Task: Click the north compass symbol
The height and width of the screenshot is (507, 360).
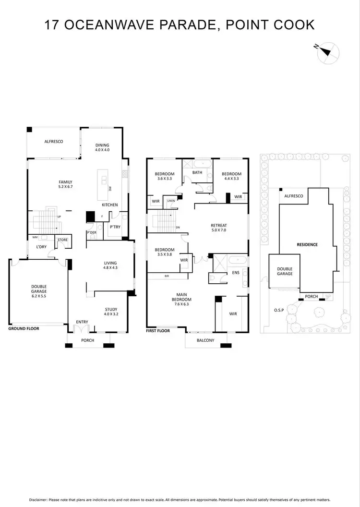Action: (x=329, y=52)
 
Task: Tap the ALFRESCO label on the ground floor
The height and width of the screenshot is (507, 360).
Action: (x=54, y=142)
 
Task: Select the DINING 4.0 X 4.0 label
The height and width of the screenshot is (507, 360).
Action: (x=102, y=147)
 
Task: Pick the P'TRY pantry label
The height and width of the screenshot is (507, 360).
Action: (x=115, y=227)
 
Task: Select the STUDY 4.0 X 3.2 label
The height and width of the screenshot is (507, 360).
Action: (x=111, y=312)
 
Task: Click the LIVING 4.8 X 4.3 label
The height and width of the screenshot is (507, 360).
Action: (x=111, y=266)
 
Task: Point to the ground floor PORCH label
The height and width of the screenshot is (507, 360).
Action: (x=88, y=340)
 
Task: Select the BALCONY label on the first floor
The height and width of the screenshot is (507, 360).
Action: (x=205, y=340)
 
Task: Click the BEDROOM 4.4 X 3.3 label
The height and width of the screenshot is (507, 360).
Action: (x=231, y=176)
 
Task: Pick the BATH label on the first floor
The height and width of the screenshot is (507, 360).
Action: (x=197, y=172)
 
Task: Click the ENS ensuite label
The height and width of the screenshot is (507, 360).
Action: (x=236, y=272)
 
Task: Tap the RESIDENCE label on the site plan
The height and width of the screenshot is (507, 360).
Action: (x=307, y=244)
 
